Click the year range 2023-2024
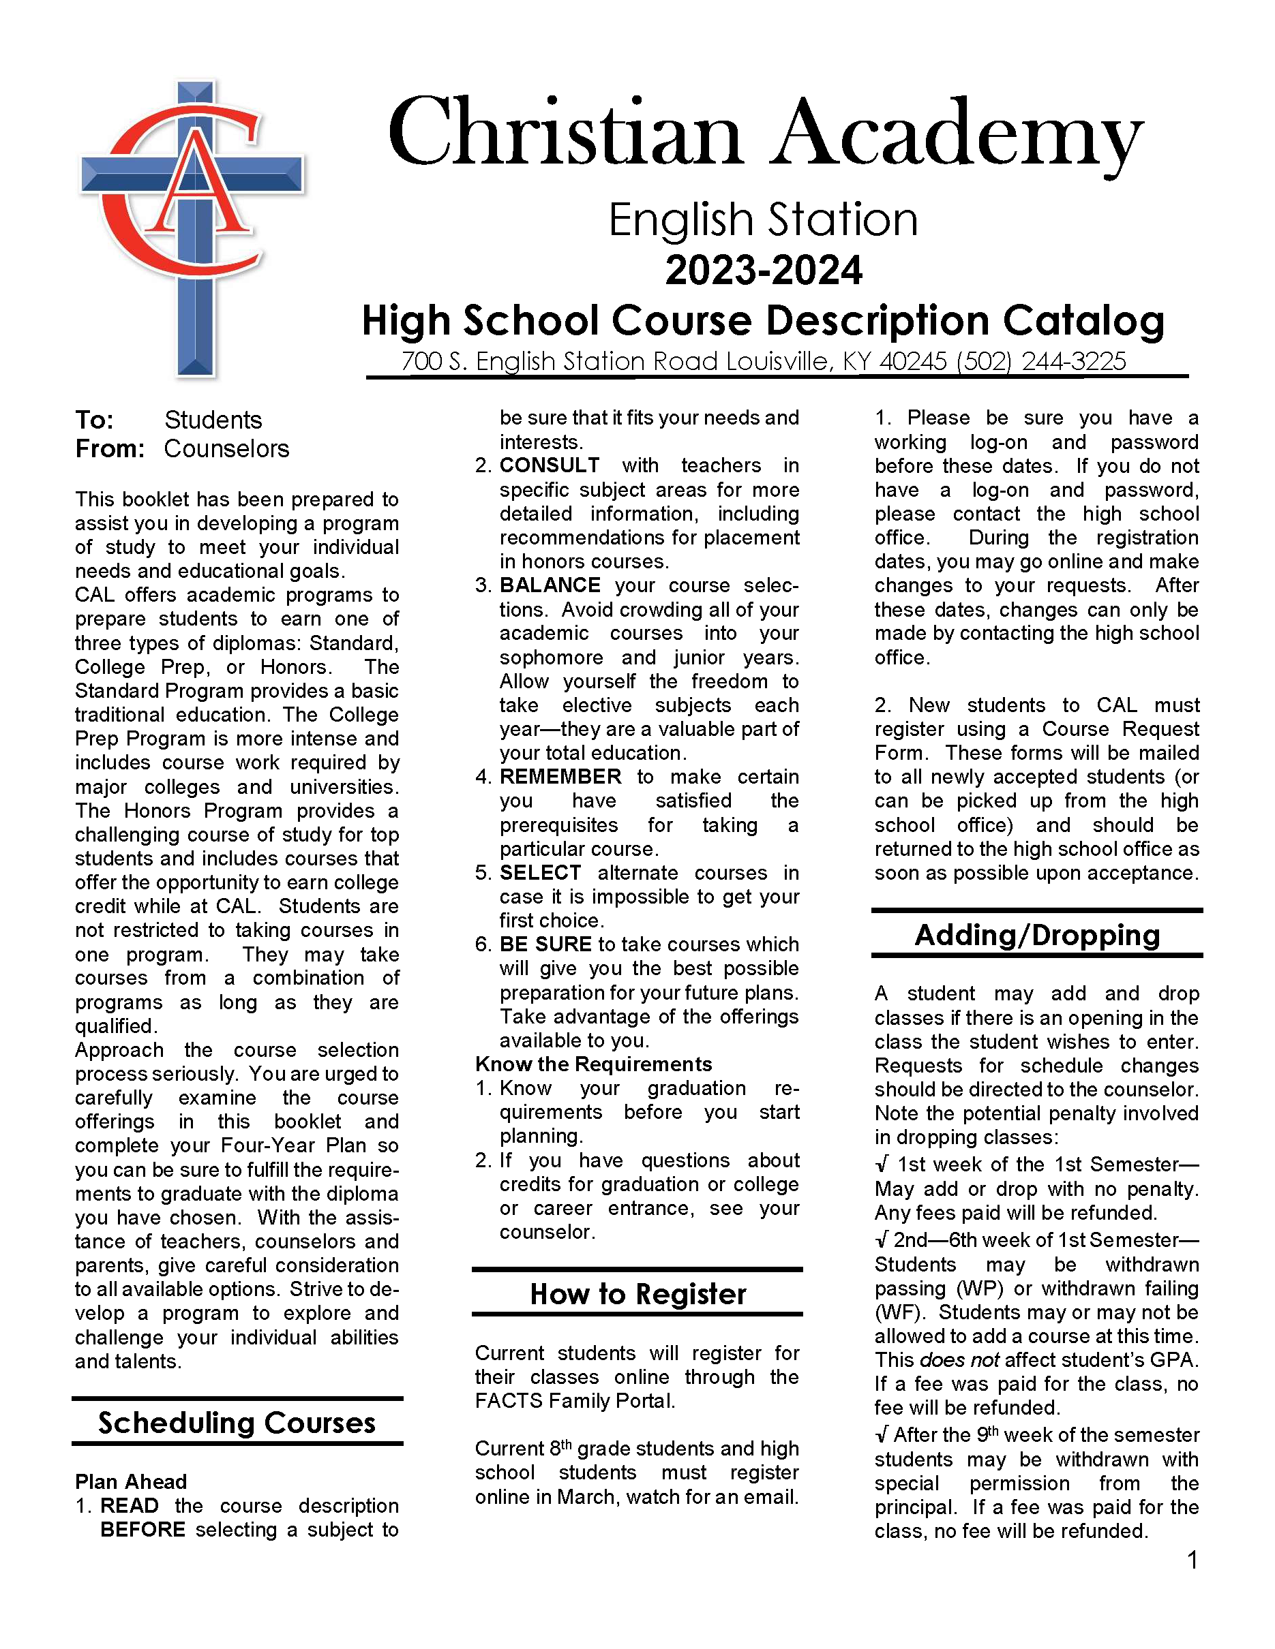coord(763,271)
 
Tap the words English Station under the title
coord(763,221)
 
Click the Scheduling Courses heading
coord(237,1423)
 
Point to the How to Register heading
coord(637,1294)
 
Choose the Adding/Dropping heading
coord(1036,936)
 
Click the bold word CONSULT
coord(549,465)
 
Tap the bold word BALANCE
coord(549,585)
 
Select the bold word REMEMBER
coord(560,777)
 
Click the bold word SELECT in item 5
coord(539,873)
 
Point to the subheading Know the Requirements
coord(593,1064)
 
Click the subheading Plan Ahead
coord(131,1482)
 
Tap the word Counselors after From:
coord(226,449)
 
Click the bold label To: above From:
coord(94,420)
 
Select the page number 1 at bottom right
coord(1192,1560)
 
